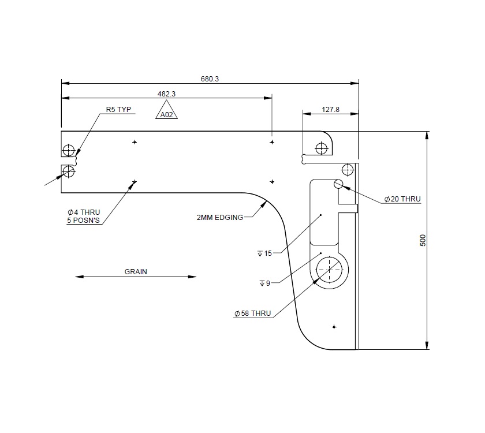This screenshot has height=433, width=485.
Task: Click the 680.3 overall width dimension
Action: pos(210,79)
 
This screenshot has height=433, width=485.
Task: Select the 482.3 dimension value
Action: pos(166,94)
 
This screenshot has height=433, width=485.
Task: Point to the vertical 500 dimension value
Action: pos(423,241)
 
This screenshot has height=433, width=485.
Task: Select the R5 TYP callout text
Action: pos(119,109)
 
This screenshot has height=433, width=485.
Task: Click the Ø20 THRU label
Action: pos(402,199)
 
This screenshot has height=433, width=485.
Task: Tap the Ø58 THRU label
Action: pos(252,313)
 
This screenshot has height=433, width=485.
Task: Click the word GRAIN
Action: pos(136,271)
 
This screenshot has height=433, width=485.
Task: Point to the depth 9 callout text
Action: pos(265,283)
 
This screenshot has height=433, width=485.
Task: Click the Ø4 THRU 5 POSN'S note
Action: pos(84,216)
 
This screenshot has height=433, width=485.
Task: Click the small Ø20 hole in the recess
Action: pos(338,184)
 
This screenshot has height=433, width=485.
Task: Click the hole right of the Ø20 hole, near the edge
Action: pos(348,170)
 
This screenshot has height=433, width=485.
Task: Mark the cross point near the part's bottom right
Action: pos(334,327)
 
